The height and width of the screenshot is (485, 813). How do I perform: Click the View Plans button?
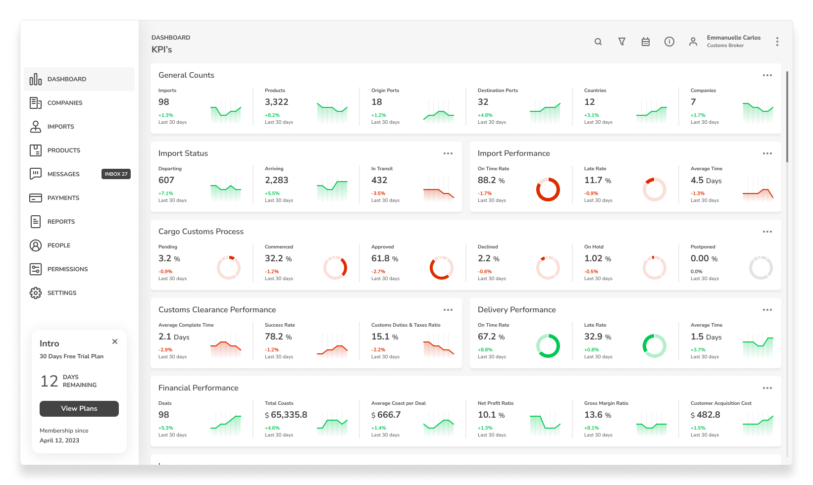(x=79, y=408)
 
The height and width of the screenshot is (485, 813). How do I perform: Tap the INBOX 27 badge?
(x=116, y=174)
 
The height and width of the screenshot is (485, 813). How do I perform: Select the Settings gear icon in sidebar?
(x=36, y=293)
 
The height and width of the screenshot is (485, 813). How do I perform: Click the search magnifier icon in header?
(x=598, y=42)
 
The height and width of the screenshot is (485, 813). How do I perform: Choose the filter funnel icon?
(x=622, y=42)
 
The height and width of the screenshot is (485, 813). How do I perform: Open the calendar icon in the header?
(x=645, y=42)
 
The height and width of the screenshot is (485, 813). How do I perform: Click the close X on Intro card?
(x=115, y=341)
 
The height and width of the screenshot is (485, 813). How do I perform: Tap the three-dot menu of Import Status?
(x=448, y=153)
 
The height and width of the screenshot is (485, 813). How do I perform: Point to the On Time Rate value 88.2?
(x=487, y=180)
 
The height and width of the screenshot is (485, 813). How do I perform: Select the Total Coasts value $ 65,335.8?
(x=286, y=415)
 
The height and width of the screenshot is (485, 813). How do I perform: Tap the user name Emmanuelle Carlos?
(x=733, y=37)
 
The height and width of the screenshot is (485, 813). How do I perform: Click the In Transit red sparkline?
(x=439, y=192)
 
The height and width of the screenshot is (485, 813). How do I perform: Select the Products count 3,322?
(x=277, y=102)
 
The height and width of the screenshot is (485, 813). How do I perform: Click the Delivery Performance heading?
(x=516, y=310)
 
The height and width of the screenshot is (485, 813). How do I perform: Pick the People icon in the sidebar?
(x=36, y=245)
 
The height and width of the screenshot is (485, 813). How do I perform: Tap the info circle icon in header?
(x=669, y=42)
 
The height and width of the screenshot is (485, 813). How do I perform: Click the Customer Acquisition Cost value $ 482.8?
(x=705, y=415)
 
